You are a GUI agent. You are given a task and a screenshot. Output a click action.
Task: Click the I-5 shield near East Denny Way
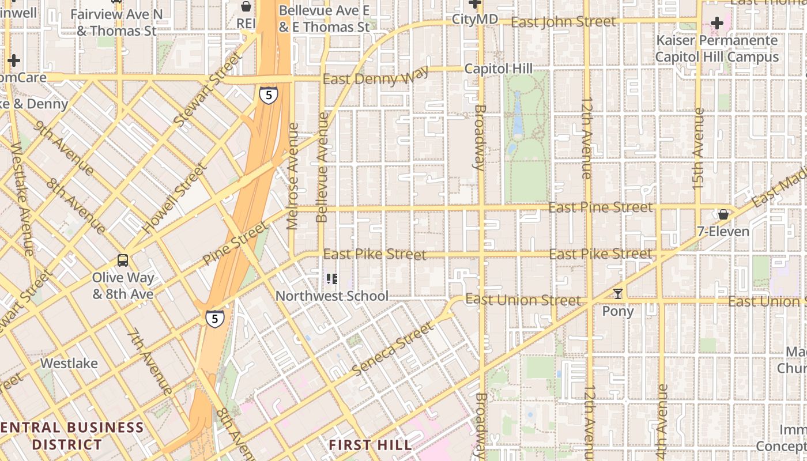(x=268, y=95)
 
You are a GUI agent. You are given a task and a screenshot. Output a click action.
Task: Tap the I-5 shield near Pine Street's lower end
(x=214, y=318)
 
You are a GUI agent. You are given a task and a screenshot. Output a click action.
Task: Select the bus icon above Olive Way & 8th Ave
(x=123, y=260)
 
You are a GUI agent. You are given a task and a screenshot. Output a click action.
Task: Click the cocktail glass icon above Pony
(x=618, y=294)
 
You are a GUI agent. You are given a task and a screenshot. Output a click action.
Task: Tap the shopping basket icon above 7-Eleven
(x=723, y=214)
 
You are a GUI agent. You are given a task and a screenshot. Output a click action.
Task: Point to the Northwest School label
(x=331, y=296)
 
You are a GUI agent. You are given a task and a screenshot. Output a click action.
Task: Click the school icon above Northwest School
(x=331, y=279)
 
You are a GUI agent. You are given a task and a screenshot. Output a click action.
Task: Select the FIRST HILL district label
(x=370, y=445)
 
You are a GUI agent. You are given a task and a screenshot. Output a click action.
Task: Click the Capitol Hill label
(x=498, y=69)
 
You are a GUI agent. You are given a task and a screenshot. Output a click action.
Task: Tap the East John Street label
(x=563, y=22)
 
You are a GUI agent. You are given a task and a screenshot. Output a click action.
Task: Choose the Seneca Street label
(x=392, y=349)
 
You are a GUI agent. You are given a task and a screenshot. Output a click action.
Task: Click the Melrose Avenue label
(x=293, y=176)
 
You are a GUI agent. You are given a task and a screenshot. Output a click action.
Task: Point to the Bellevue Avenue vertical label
(x=323, y=167)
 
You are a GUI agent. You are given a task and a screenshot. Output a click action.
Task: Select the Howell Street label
(x=175, y=199)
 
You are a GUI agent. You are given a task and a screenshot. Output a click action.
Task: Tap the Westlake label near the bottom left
(x=69, y=364)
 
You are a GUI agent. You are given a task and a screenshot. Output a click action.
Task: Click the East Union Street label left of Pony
(x=522, y=300)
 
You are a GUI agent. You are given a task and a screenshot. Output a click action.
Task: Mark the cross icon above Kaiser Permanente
(x=717, y=23)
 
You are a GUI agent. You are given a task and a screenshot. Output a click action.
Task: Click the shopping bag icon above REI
(x=246, y=7)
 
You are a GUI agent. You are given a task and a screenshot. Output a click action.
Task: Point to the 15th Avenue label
(x=698, y=149)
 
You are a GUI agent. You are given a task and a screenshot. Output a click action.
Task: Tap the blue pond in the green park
(x=516, y=112)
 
